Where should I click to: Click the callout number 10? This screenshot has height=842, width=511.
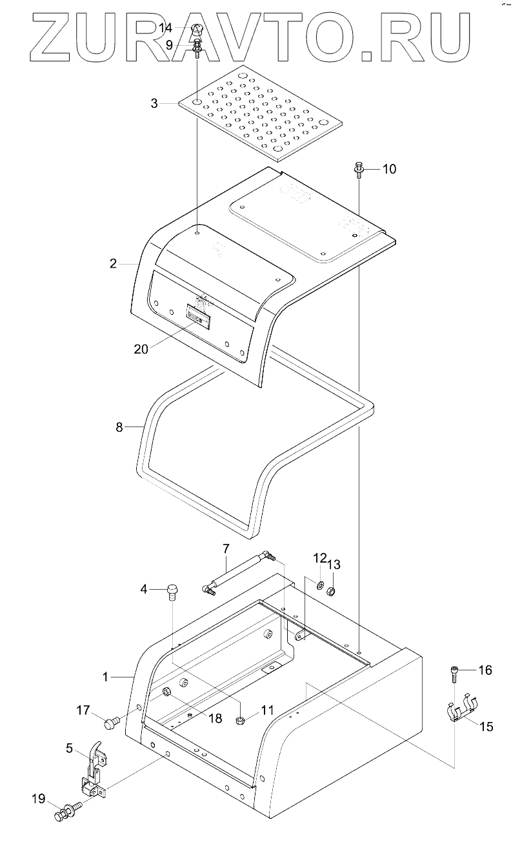pos(389,169)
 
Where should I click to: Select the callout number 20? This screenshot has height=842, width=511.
pos(141,349)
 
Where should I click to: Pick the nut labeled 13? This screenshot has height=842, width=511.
pos(331,590)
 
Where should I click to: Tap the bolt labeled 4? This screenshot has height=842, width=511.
pos(172,592)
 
